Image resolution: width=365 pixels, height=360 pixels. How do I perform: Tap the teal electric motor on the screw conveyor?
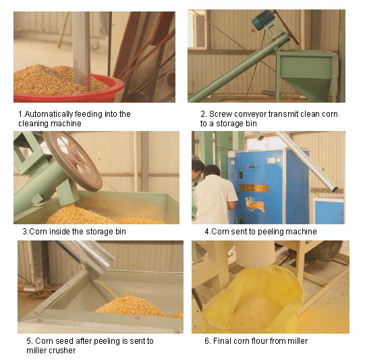click(x=261, y=20)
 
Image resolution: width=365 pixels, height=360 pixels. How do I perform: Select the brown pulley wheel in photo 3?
click(x=73, y=161)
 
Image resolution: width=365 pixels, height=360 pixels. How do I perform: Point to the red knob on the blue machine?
click(x=249, y=166)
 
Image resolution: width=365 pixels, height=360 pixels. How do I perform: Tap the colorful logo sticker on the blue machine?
click(x=255, y=204)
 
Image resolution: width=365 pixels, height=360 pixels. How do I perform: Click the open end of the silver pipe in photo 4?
click(x=335, y=188)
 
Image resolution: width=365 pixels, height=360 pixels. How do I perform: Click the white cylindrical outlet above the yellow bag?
click(x=255, y=253)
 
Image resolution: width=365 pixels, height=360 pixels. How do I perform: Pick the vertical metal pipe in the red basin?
click(x=81, y=49)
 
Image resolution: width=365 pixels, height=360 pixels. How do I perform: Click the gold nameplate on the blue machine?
click(x=254, y=188)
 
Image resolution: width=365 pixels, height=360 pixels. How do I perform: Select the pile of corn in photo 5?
click(x=134, y=307)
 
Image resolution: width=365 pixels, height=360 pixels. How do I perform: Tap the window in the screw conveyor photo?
click(x=198, y=29)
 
